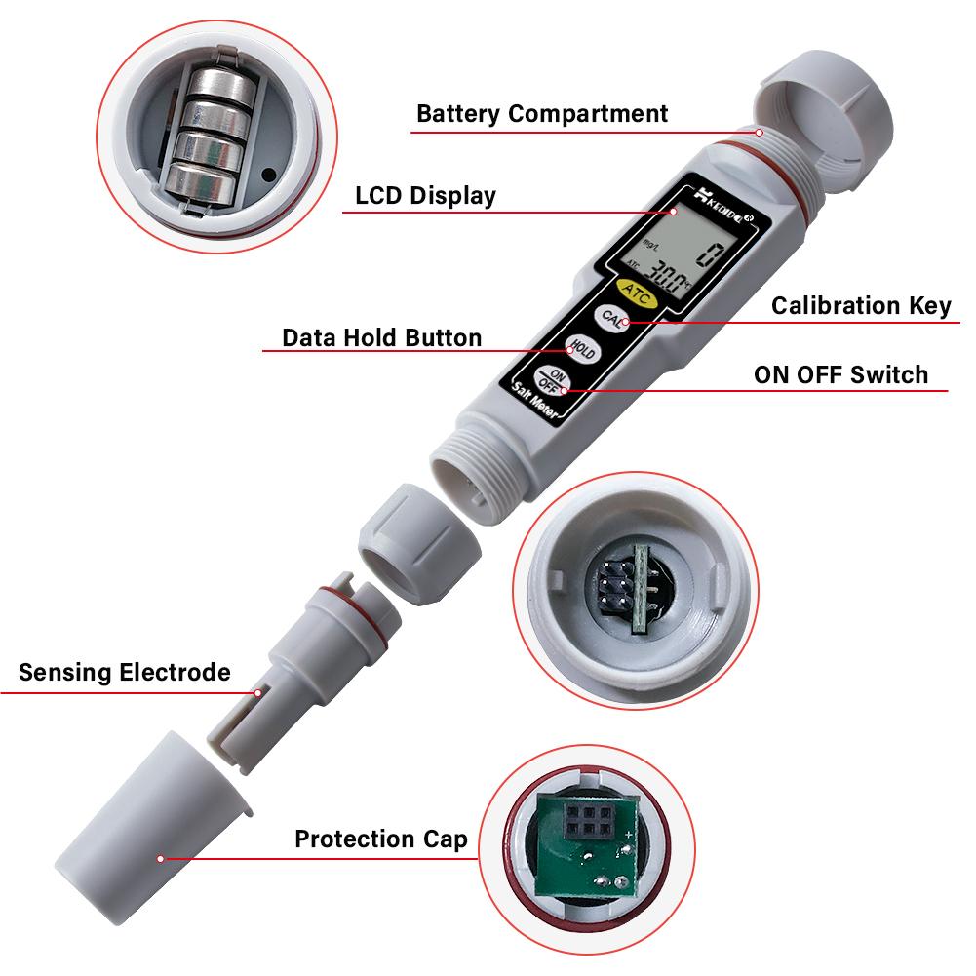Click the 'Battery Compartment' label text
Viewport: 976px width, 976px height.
(x=542, y=113)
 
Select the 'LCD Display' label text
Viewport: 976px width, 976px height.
(x=424, y=196)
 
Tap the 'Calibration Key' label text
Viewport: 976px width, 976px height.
(x=860, y=306)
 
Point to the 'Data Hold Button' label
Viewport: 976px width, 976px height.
(x=381, y=338)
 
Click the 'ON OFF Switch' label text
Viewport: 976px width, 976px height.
(x=840, y=375)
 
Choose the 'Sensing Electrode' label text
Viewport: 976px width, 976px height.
(x=125, y=672)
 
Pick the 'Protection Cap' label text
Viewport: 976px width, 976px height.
(x=381, y=839)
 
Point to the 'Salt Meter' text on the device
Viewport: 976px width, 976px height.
(x=531, y=402)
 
